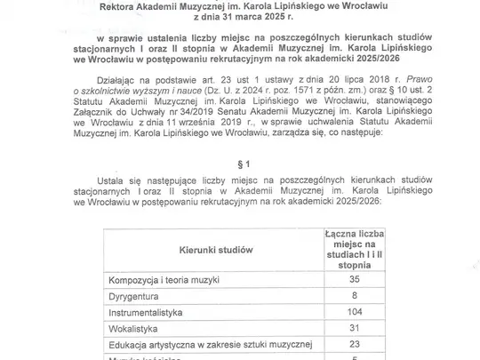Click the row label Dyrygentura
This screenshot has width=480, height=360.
(x=136, y=295)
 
